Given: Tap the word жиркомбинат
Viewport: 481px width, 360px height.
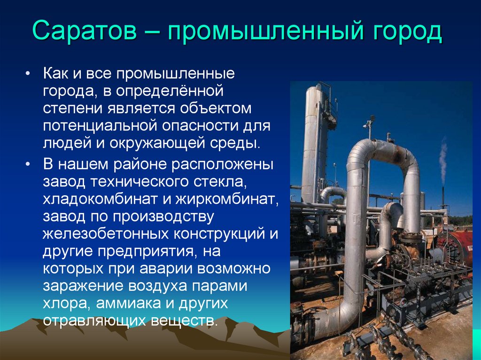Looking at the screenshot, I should pyautogui.click(x=227, y=199).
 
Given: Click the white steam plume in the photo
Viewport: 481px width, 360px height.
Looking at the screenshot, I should pyautogui.click(x=443, y=160).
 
